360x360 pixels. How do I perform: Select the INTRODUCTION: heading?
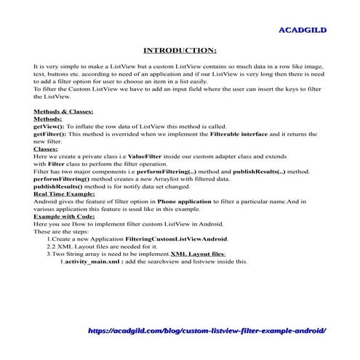(x=180, y=50)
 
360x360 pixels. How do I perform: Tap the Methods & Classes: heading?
(x=63, y=112)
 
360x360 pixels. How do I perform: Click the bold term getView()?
(x=49, y=125)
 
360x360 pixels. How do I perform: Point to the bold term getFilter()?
(x=50, y=132)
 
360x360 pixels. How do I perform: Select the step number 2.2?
(x=51, y=245)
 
